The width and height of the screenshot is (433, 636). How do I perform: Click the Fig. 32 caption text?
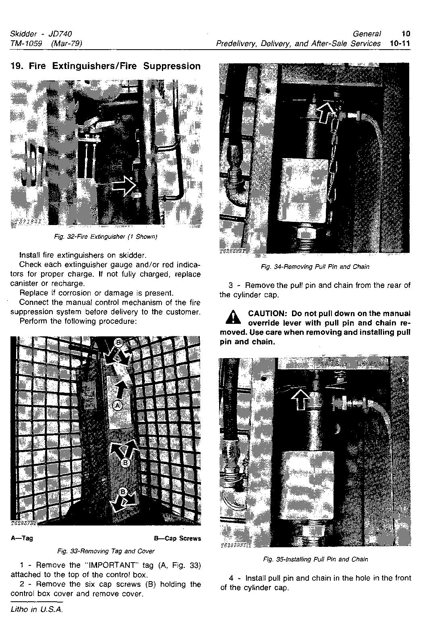tap(105, 236)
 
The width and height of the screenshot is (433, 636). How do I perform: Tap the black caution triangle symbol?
tap(233, 318)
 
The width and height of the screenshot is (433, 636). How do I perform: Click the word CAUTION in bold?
tap(266, 314)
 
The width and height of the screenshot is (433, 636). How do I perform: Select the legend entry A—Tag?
tap(22, 538)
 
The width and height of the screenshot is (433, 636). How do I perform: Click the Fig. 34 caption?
tap(315, 267)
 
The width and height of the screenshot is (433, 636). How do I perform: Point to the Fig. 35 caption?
tap(315, 559)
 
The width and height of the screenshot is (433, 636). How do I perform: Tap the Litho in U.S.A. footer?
tap(37, 609)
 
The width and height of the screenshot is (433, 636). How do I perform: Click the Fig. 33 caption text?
tap(106, 551)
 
